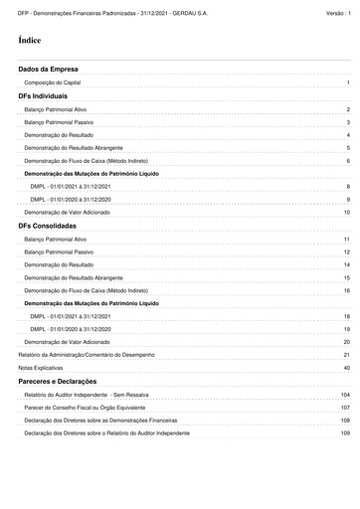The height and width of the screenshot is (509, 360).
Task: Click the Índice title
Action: (30, 40)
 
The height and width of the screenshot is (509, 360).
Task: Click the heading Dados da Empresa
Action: (48, 69)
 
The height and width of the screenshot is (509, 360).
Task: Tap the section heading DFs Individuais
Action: (43, 95)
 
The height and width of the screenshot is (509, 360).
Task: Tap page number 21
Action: (346, 355)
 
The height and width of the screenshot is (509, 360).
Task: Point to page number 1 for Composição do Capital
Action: (348, 83)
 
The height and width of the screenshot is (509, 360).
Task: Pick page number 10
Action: (346, 213)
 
